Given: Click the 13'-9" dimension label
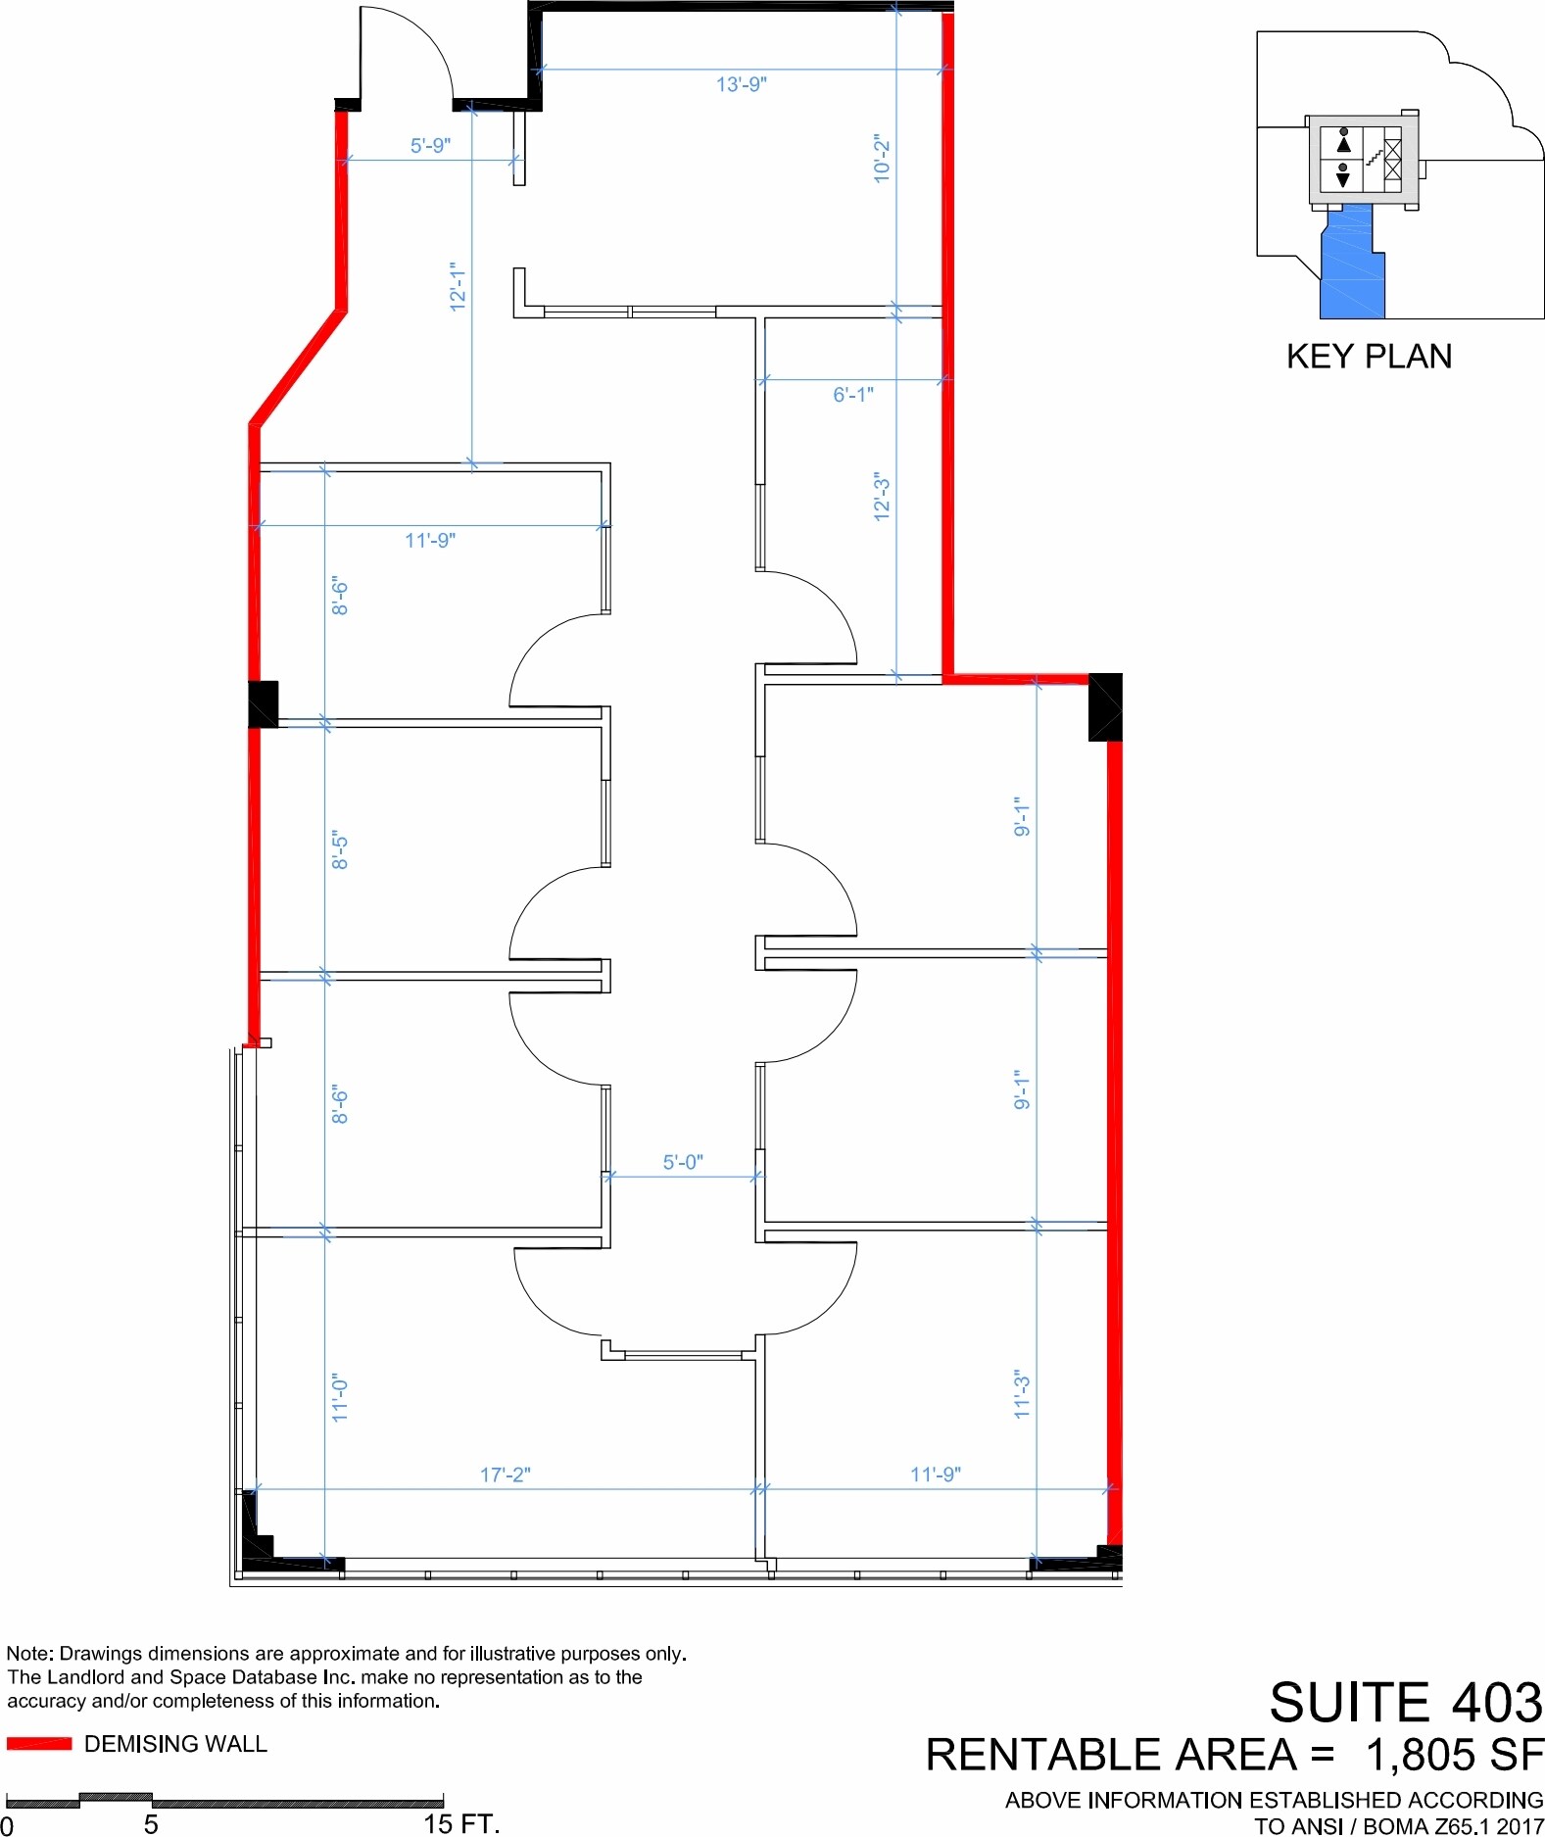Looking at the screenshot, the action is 741,84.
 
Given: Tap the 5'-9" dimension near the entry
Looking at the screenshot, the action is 430,145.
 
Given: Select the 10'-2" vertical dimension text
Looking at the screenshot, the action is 882,159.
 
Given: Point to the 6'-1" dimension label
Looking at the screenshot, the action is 853,394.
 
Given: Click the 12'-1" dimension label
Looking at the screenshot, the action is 458,286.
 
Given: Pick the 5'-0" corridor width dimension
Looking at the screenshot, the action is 683,1162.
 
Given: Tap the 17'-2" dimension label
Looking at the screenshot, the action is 506,1474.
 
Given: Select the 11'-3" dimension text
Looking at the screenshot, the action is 1022,1393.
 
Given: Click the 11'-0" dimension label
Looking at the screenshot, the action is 339,1397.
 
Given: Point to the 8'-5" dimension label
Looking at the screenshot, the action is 339,850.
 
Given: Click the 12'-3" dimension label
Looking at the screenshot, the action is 882,497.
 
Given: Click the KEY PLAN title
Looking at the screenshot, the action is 1369,357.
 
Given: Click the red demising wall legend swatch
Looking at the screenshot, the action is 39,1743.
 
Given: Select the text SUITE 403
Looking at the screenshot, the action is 1406,1701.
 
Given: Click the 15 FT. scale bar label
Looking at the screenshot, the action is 461,1823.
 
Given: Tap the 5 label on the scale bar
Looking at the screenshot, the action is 151,1823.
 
